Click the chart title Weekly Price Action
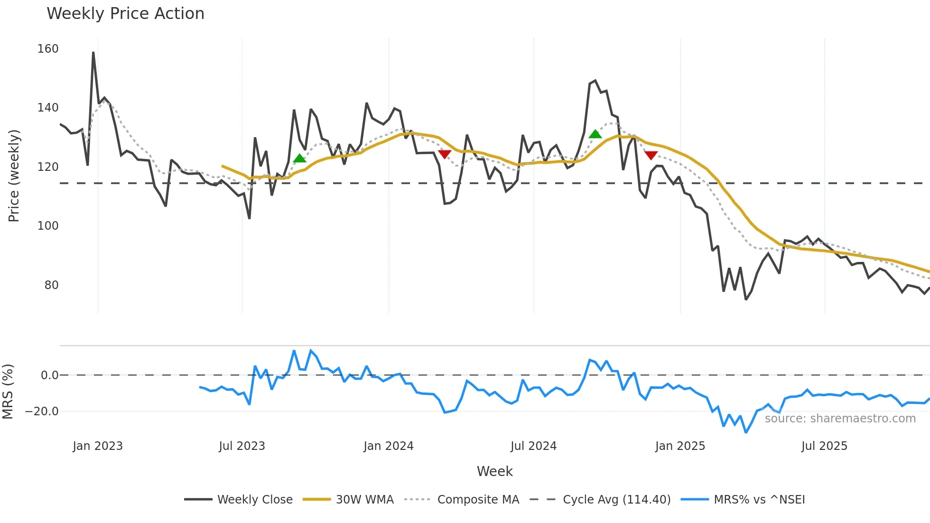[x=125, y=13]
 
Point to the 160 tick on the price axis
[x=48, y=49]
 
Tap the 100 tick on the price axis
[x=48, y=226]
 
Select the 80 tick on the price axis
[x=51, y=285]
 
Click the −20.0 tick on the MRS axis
[x=42, y=411]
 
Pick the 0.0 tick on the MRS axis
[x=49, y=375]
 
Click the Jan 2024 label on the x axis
[x=388, y=446]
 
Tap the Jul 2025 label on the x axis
[x=824, y=446]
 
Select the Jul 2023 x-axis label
[x=242, y=446]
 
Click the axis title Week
[x=494, y=471]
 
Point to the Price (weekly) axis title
[x=14, y=176]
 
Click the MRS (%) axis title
[x=8, y=392]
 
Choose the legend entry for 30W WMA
[x=364, y=500]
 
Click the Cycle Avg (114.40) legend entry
[x=616, y=500]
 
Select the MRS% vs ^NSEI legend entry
[x=759, y=500]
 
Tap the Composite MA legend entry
[x=478, y=500]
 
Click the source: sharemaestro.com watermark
[x=840, y=419]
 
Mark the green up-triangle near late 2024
[x=595, y=134]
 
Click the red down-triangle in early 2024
[x=445, y=154]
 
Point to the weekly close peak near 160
[x=93, y=53]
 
